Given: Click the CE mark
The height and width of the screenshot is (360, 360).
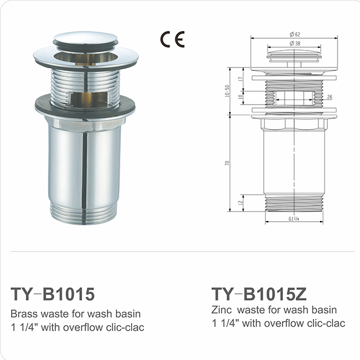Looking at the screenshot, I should [172, 39].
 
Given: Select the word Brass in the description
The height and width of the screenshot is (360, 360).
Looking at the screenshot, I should [24, 314].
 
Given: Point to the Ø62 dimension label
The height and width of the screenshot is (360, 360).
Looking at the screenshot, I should [295, 35].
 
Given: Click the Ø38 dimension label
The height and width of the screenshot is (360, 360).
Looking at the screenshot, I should [295, 43].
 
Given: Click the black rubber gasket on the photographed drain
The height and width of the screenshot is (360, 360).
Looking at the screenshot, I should [84, 105].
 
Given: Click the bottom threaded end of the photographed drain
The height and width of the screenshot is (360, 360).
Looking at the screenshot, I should [84, 212].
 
